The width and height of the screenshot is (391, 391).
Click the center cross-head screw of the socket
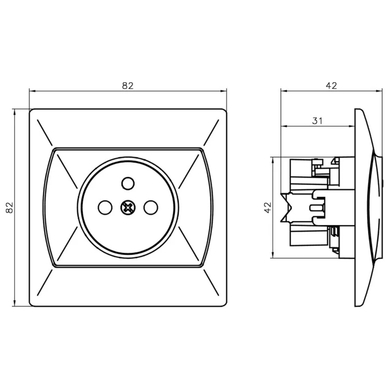(128, 207)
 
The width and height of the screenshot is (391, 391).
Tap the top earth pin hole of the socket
(128, 183)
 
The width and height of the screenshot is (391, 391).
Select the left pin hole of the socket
(105, 207)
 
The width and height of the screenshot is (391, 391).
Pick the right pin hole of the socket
(151, 207)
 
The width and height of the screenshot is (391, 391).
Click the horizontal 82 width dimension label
(128, 86)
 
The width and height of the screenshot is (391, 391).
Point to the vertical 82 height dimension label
(9, 208)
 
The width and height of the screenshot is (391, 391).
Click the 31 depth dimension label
(317, 121)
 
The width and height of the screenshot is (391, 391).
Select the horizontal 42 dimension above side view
(332, 86)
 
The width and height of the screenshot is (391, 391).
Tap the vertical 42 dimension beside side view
(268, 207)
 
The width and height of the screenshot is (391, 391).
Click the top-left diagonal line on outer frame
(45, 133)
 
